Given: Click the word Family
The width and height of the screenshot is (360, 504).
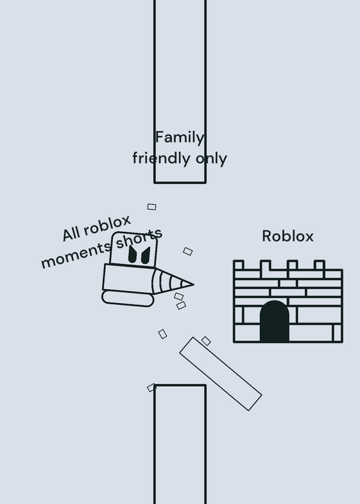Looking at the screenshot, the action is [x=180, y=137].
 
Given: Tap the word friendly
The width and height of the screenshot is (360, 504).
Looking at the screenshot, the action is [x=161, y=158].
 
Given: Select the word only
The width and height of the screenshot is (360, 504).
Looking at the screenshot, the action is [x=211, y=158].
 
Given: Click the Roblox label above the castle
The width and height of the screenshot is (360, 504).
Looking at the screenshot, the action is [x=287, y=236].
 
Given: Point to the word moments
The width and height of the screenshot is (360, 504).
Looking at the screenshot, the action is [x=76, y=256].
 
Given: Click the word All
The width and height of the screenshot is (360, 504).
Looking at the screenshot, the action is [x=71, y=234].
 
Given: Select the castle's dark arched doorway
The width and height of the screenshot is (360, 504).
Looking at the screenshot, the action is [x=274, y=321].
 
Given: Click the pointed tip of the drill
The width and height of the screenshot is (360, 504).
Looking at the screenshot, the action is [x=194, y=284].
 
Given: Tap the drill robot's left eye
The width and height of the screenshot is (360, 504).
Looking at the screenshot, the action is [x=132, y=255].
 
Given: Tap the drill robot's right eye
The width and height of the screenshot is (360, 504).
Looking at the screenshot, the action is [x=146, y=256].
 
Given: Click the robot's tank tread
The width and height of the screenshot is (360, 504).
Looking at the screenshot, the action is [x=128, y=298].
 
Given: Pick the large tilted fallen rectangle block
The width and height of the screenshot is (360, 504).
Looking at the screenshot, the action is [x=221, y=374].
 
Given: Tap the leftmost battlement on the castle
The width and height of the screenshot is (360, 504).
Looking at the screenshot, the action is [x=238, y=265].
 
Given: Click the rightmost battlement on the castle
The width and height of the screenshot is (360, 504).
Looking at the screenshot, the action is [x=320, y=265].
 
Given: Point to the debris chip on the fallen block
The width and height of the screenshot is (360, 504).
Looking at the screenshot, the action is [x=206, y=341].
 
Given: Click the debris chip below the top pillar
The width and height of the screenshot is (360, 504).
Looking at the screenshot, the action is [x=152, y=207].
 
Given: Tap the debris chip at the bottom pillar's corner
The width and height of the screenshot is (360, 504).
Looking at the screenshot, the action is [x=151, y=387].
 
